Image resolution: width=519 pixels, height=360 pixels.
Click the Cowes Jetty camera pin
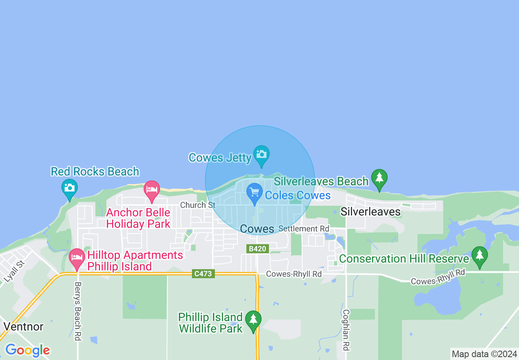pos(261,155)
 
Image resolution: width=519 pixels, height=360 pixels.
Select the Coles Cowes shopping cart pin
pos(255,192)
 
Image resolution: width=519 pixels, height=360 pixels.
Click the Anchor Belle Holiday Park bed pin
pos(151,190)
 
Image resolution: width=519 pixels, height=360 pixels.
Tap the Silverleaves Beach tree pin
pos(379,178)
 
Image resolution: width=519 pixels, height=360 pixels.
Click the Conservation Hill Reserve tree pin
pos(479,256)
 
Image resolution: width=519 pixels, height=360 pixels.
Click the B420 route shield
pos(257,249)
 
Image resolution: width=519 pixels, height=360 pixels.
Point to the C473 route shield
pos(203,274)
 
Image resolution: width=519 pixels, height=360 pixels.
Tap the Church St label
pos(198,205)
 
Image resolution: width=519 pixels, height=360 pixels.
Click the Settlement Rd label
pos(304,229)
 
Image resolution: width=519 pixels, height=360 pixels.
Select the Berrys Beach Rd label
pos(78,311)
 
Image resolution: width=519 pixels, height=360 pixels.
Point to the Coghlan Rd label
pos(346,330)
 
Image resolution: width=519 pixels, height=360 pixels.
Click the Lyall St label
pos(15,272)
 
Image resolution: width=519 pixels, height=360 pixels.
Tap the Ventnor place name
pos(23,326)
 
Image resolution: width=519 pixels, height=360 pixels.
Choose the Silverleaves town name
pos(370,211)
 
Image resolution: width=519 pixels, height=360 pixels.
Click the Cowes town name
pos(257,229)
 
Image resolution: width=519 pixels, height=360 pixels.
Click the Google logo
pos(27,351)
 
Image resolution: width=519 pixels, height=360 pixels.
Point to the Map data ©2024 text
pos(484,354)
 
